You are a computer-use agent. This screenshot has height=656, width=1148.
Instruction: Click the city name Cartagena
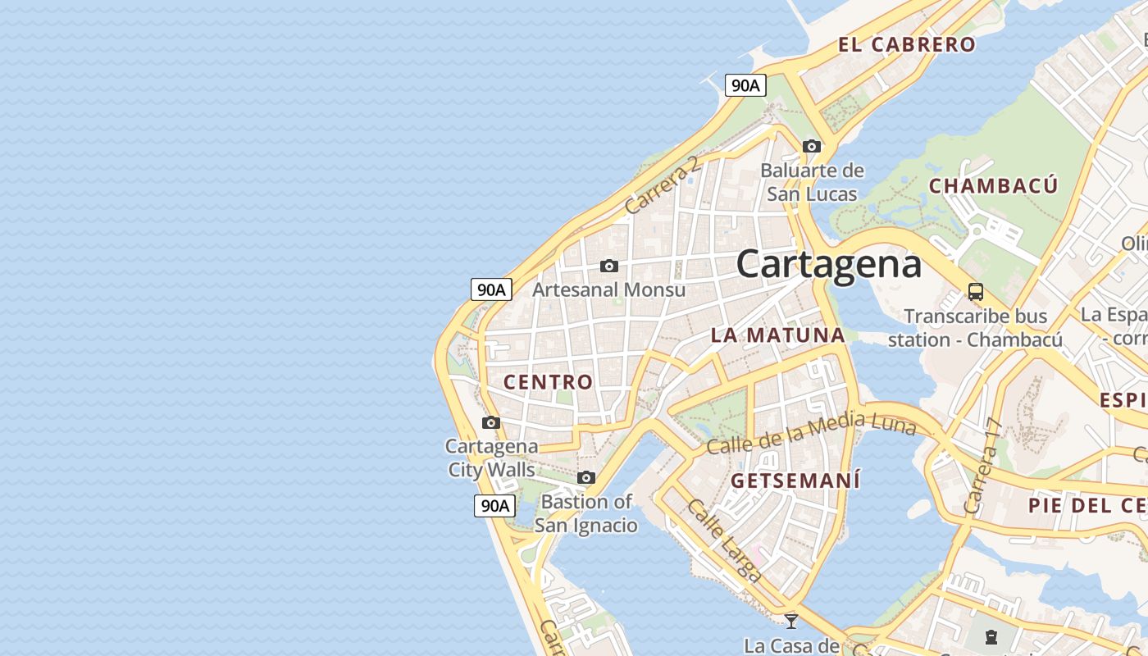click(x=828, y=264)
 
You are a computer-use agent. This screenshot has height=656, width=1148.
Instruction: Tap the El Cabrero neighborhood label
click(x=907, y=44)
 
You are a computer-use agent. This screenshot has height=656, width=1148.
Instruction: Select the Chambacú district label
click(x=993, y=185)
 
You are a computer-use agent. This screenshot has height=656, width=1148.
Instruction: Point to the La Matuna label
click(x=777, y=335)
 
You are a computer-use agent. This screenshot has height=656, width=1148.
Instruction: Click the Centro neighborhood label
click(x=548, y=381)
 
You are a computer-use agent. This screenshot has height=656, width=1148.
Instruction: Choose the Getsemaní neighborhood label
click(x=795, y=480)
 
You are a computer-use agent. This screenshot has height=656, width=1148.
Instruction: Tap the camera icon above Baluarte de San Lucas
click(x=812, y=146)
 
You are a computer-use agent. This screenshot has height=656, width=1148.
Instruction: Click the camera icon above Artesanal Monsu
click(x=608, y=266)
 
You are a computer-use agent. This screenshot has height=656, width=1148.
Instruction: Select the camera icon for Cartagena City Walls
click(x=491, y=422)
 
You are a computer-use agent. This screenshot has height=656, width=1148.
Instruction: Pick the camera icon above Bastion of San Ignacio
click(x=585, y=477)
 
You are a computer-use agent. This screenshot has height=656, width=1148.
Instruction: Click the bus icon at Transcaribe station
click(x=975, y=291)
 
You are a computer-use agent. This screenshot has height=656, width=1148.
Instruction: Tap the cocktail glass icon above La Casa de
click(x=791, y=621)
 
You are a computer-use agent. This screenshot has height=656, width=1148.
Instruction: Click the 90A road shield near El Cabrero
click(x=745, y=84)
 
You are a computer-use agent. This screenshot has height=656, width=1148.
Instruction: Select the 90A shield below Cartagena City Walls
click(x=494, y=505)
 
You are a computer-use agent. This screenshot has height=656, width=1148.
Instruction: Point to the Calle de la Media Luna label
click(x=810, y=434)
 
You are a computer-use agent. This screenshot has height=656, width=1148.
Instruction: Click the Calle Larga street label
click(x=723, y=541)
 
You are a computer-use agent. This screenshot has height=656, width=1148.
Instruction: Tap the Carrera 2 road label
click(x=663, y=185)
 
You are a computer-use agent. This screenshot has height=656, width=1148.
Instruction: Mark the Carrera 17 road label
click(x=983, y=466)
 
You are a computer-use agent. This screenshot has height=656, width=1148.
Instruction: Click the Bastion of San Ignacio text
click(x=586, y=513)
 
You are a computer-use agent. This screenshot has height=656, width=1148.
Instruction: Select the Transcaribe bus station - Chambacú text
click(x=975, y=327)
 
